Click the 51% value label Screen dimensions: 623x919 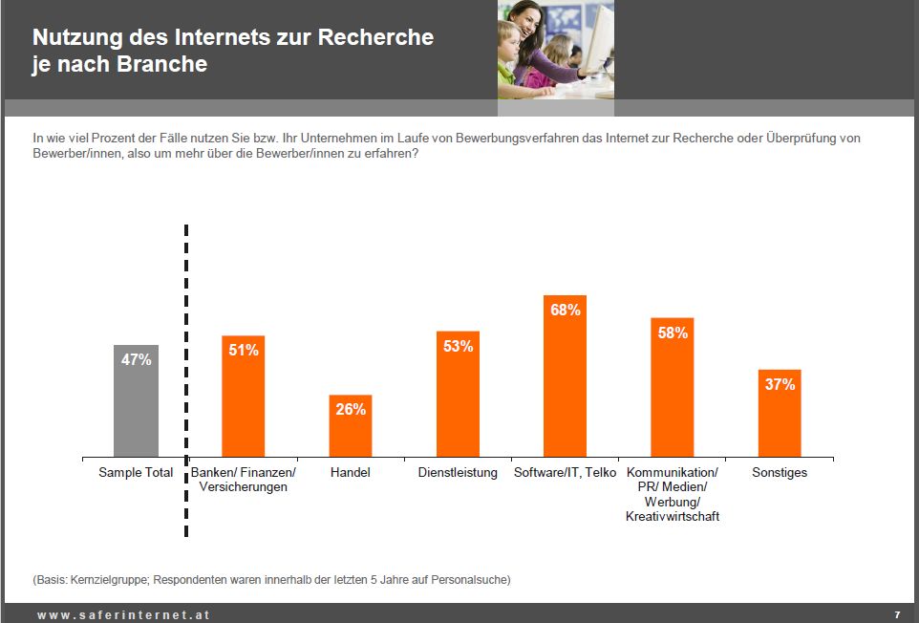[244, 351]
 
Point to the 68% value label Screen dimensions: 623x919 [565, 310]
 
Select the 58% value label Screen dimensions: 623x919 [673, 333]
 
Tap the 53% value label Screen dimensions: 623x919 [458, 346]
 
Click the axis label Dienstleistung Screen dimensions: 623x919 [458, 473]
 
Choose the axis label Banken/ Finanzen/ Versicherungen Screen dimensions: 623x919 [244, 480]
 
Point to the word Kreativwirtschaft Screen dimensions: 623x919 [673, 517]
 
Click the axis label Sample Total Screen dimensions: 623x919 [136, 473]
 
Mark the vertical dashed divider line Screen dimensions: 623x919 [185, 382]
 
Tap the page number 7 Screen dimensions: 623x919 [897, 614]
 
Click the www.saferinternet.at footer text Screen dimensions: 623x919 [123, 614]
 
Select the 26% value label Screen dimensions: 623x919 [351, 409]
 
